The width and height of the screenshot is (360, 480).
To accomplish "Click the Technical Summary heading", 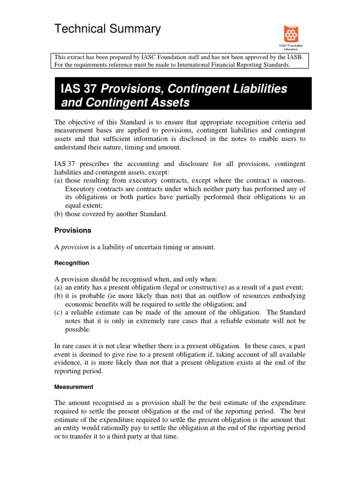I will point(107,29).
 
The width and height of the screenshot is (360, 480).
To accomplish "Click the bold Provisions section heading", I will point(73,231).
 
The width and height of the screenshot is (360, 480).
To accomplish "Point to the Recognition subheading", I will point(72,263).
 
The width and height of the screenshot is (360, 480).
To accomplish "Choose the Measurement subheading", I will point(74,387).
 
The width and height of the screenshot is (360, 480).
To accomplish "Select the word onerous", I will point(292,180).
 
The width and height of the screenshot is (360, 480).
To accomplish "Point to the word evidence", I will point(68,362).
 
